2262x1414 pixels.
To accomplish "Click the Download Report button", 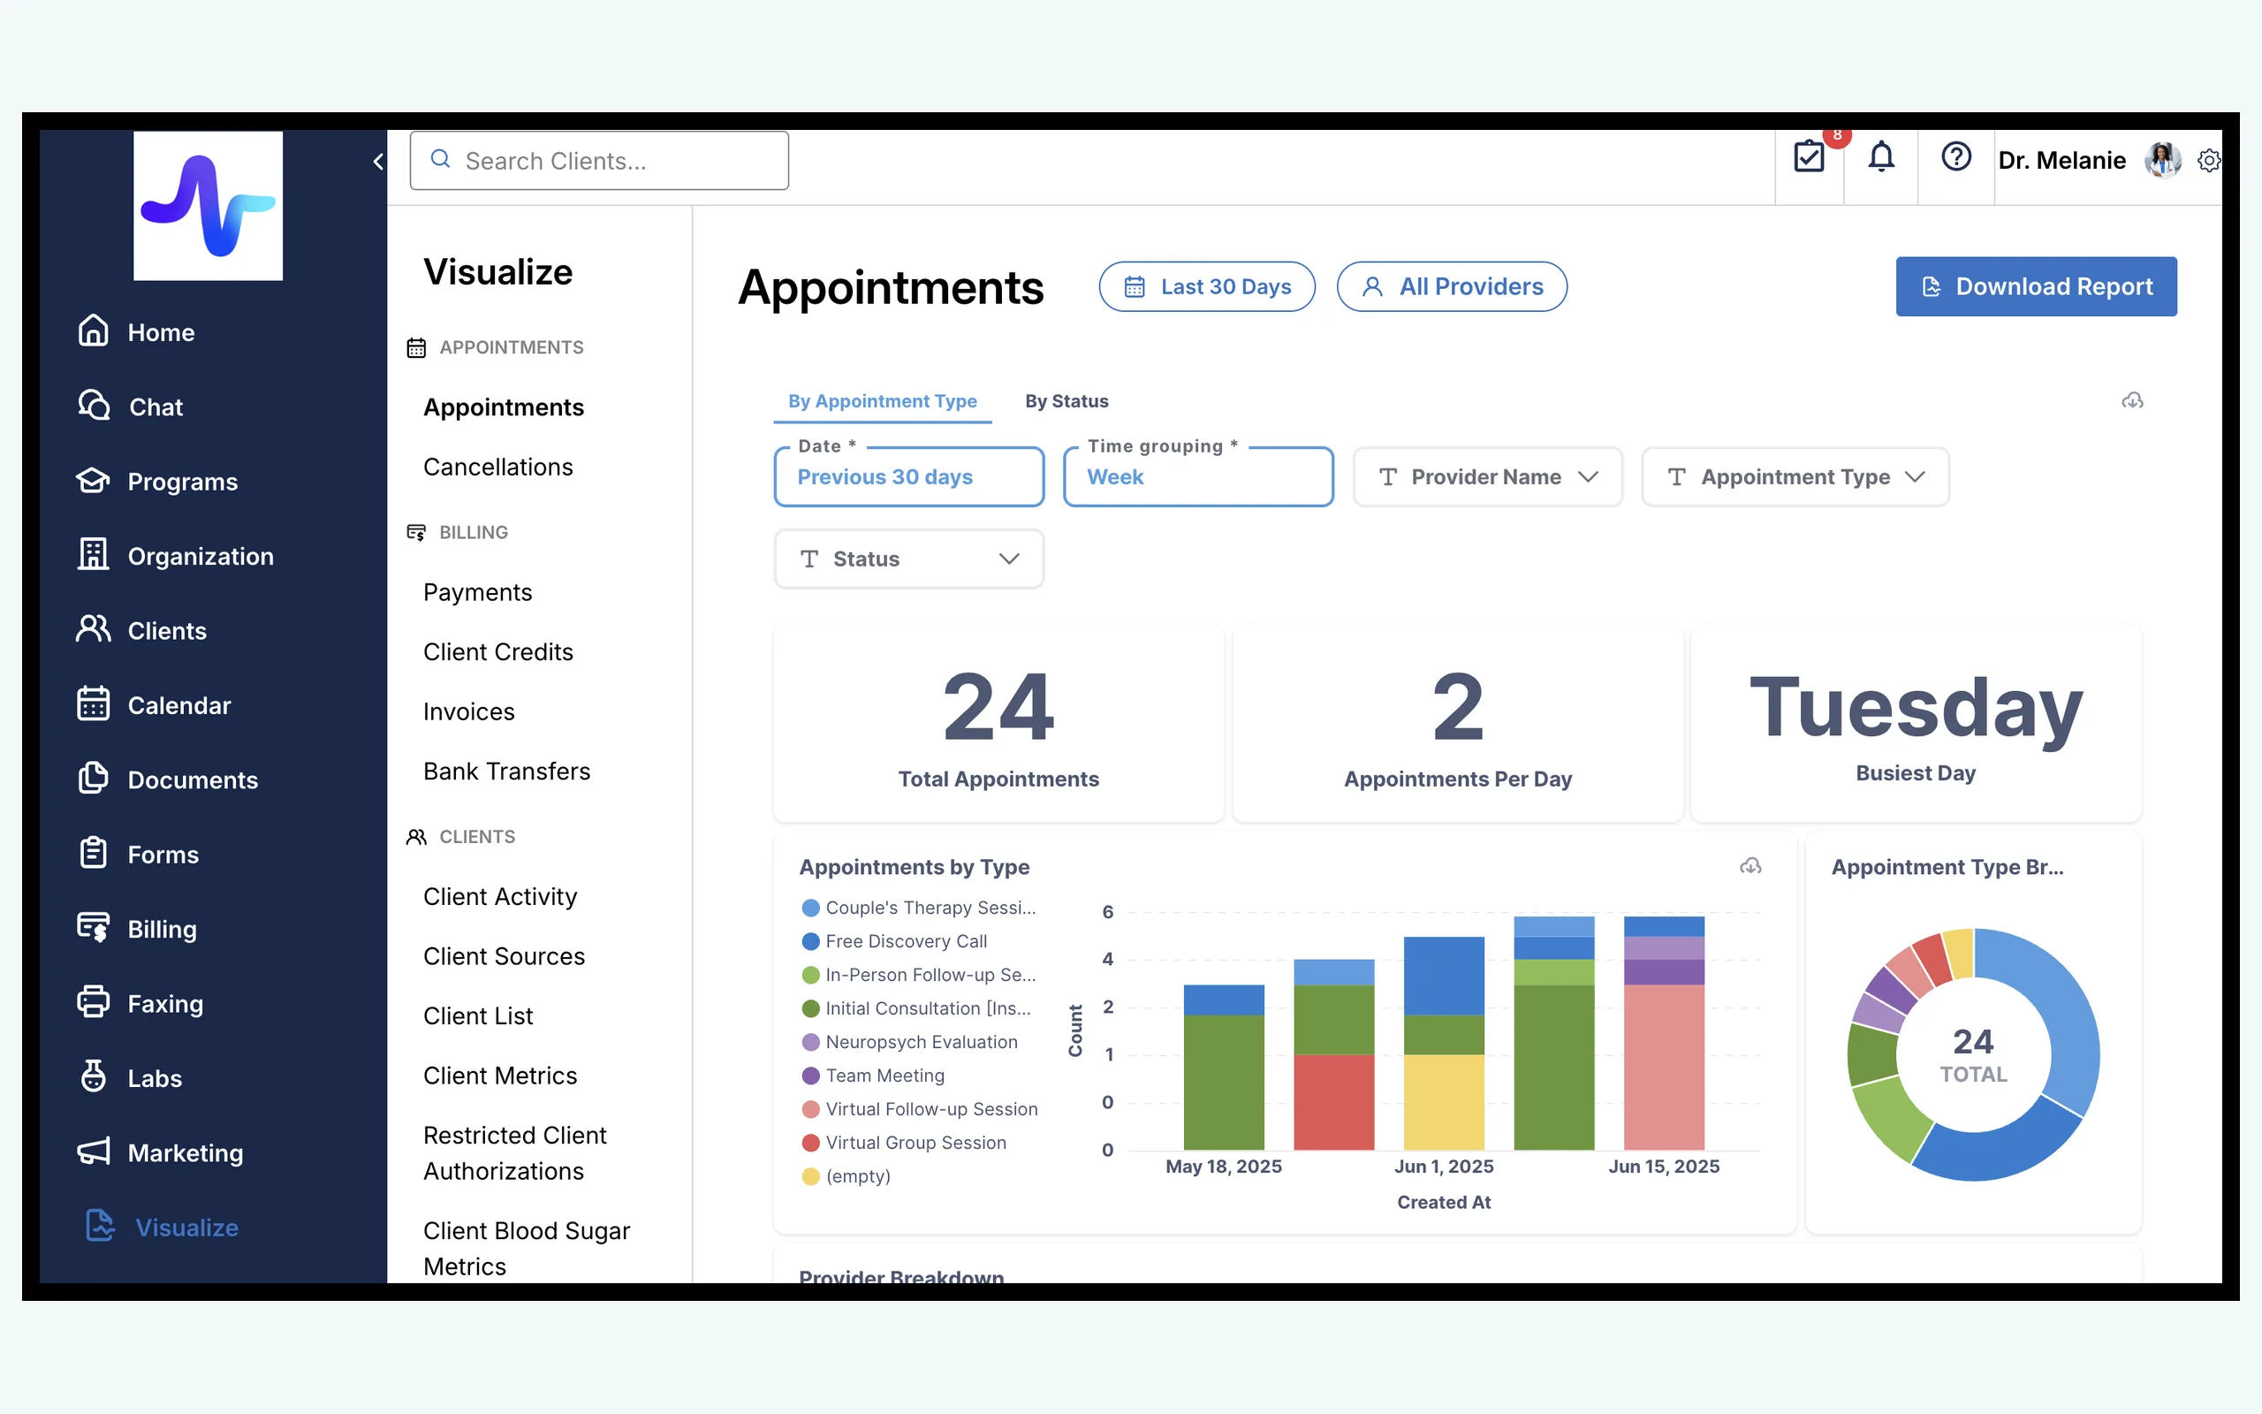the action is coord(2036,286).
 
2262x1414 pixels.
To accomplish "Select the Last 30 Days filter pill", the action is coord(1207,286).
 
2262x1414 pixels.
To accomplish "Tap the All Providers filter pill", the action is coord(1452,286).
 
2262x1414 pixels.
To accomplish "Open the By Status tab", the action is coord(1066,401).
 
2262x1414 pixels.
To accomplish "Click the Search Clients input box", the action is coord(599,161).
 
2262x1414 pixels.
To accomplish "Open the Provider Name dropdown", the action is coord(1487,477).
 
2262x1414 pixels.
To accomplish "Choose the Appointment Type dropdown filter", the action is coord(1795,477).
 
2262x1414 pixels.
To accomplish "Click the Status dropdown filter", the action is coord(908,559).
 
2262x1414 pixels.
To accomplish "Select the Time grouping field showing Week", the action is coord(1198,477).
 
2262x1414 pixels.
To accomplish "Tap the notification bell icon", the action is coord(1881,157).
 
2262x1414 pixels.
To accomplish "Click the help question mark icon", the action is coord(1955,157).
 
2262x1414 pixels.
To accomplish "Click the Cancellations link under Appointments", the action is coord(498,467).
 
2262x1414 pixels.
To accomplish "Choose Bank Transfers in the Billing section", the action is coord(506,772).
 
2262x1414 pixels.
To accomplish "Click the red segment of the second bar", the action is coord(1334,1102).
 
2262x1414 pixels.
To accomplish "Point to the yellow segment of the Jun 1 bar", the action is coord(1444,1102).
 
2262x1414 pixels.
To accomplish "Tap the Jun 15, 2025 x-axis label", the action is coord(1664,1167).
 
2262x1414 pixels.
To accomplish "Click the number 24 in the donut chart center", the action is coord(1973,1042).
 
